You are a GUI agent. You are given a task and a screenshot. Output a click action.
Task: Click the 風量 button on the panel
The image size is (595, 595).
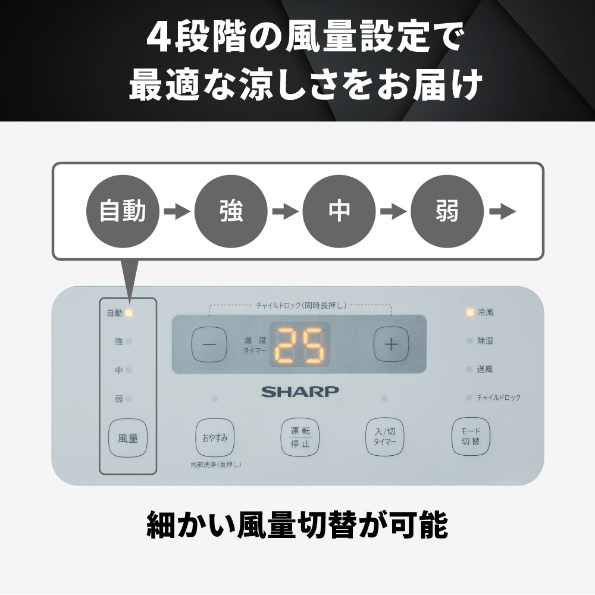coord(128,439)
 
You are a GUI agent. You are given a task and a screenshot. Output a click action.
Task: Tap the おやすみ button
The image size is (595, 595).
coord(215,438)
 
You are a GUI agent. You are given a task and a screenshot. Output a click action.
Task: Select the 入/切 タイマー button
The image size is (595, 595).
coord(385,437)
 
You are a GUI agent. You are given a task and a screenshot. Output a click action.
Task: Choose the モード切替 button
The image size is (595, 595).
coord(471,437)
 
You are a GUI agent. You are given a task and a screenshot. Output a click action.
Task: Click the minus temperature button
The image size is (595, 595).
coord(209,345)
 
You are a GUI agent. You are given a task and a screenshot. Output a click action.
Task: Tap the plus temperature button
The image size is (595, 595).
coord(392,344)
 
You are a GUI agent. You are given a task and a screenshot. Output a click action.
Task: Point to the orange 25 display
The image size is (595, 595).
coord(300,345)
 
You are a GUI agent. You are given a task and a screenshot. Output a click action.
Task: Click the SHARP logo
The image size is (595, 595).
coord(300,392)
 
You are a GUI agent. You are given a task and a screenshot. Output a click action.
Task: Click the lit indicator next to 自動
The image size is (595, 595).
coord(129,313)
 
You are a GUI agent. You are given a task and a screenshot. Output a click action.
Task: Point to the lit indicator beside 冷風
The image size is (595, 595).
coord(470,312)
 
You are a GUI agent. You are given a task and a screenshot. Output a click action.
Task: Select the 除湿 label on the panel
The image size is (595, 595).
coord(485,341)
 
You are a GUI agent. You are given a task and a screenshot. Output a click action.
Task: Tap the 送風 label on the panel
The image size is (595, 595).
coord(485,369)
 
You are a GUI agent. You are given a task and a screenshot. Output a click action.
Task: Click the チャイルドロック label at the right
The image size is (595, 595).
coord(499,397)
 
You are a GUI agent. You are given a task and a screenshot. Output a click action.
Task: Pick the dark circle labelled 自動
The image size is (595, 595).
coord(123,211)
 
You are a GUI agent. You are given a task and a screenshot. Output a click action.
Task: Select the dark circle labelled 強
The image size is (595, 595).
coord(231,211)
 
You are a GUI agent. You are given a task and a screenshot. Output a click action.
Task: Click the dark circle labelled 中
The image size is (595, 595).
coord(339,211)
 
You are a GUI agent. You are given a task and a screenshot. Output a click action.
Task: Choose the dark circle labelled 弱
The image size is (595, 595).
coord(447,211)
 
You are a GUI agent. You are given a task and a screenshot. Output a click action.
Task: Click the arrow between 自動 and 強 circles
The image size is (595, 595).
coord(177,211)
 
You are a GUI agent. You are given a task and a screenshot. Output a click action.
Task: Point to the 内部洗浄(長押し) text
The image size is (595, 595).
coord(216,465)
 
